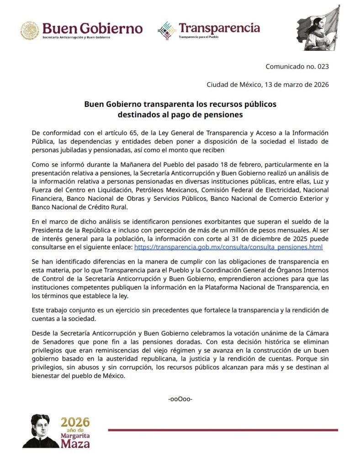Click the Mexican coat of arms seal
click(x=29, y=30)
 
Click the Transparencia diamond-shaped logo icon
click(x=167, y=30)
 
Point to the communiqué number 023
click(x=297, y=66)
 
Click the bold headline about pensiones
click(x=180, y=109)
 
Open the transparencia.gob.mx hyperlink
click(x=228, y=247)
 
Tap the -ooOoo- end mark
click(x=180, y=399)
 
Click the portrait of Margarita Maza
click(x=41, y=431)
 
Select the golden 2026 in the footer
click(x=75, y=421)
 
